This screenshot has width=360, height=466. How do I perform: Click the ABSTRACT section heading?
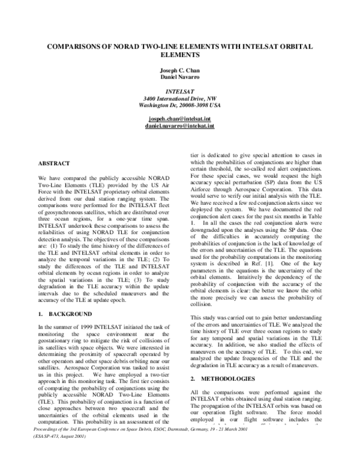(x=54, y=163)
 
